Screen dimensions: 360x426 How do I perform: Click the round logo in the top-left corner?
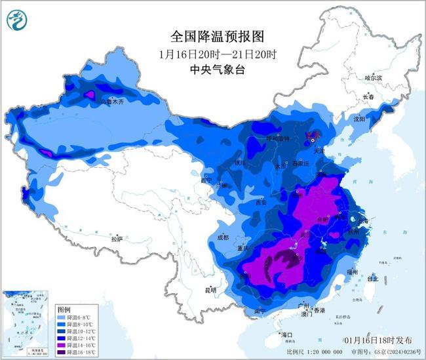[16, 20]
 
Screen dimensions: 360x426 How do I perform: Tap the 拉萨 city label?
[117, 240]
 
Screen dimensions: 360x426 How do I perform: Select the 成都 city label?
[222, 237]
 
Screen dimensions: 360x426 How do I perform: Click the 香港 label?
[319, 310]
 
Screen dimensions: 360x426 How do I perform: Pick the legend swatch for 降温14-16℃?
[63, 345]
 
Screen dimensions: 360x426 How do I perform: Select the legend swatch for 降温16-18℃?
[63, 352]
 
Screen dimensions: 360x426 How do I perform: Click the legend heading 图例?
[64, 309]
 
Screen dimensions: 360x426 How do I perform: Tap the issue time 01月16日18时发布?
[378, 341]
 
